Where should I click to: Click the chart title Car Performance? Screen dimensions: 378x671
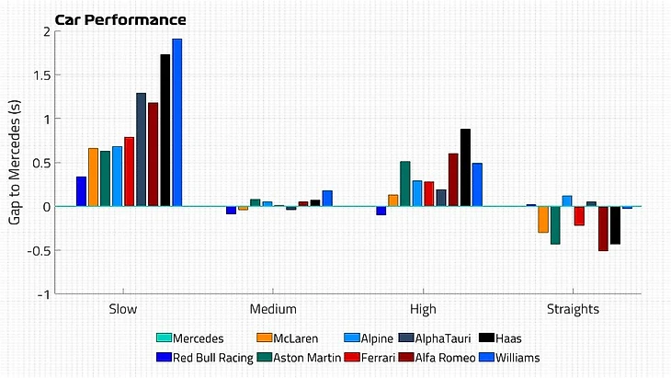pyautogui.click(x=120, y=19)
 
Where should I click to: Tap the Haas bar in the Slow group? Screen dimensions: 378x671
pyautogui.click(x=165, y=130)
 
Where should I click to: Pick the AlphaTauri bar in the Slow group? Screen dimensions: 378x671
pyautogui.click(x=142, y=149)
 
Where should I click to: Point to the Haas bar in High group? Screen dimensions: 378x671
pyautogui.click(x=465, y=167)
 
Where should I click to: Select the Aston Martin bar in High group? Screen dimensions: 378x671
pyautogui.click(x=405, y=184)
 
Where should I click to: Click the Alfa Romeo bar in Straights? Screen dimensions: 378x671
pyautogui.click(x=603, y=228)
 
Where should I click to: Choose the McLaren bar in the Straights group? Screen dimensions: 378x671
pyautogui.click(x=543, y=219)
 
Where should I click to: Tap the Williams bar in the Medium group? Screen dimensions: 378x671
pyautogui.click(x=327, y=198)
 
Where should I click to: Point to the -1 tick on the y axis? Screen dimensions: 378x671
pyautogui.click(x=41, y=294)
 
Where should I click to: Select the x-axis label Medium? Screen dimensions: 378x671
pyautogui.click(x=273, y=310)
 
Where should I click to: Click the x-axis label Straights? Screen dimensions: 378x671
pyautogui.click(x=574, y=310)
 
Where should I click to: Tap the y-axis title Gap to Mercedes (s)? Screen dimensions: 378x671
pyautogui.click(x=14, y=162)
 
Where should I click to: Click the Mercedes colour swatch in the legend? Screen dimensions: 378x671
pyautogui.click(x=165, y=338)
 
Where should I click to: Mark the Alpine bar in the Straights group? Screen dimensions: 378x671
pyautogui.click(x=567, y=200)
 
